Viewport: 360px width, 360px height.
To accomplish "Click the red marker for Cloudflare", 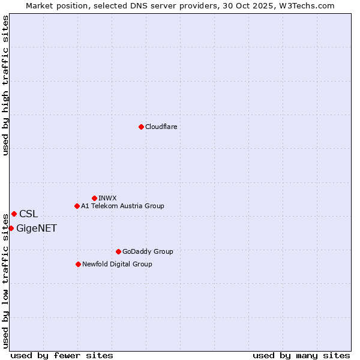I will pos(141,127).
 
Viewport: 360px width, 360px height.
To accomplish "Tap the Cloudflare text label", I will pos(161,127).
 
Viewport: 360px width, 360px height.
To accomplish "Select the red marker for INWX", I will pos(94,198).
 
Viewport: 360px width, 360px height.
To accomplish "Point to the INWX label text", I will pos(107,198).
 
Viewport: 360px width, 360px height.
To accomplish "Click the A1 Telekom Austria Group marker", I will pos(77,206).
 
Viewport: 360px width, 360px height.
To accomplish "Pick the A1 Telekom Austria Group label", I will pos(122,206).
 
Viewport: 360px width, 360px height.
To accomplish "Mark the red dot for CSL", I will pos(14,214).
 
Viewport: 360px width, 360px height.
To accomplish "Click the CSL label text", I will pos(28,214).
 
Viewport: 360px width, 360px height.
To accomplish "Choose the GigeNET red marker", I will pos(11,228).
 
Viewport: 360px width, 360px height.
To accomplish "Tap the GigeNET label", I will pos(37,228).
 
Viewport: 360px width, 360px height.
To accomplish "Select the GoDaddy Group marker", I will pos(118,251).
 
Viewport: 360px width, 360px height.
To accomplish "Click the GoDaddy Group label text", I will pos(147,251).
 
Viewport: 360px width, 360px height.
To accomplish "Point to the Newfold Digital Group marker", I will pos(78,264).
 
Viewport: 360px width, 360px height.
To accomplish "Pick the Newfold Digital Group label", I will pos(117,264).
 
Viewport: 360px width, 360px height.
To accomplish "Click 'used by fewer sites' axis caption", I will pos(62,355).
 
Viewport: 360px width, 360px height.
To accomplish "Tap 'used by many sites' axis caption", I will pos(301,355).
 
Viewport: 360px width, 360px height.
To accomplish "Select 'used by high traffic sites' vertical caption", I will pos(6,85).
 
